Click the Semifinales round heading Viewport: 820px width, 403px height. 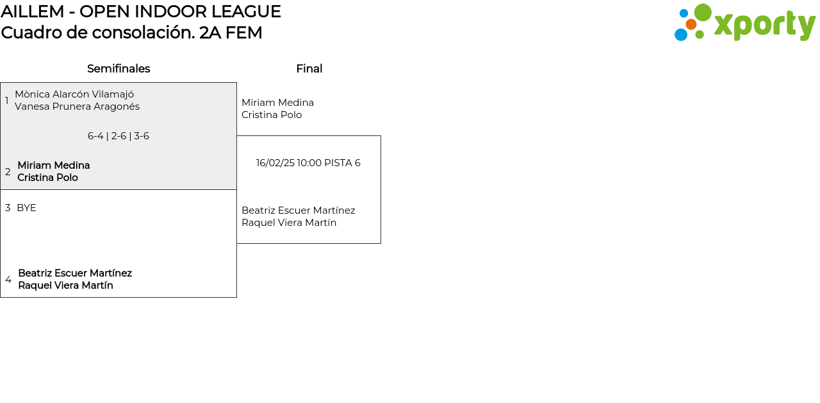click(x=119, y=69)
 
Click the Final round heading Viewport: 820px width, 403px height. click(x=309, y=69)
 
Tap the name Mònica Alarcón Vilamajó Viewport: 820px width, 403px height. click(x=74, y=94)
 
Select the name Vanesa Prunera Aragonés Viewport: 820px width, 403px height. click(x=77, y=107)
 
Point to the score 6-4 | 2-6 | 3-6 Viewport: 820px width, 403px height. click(x=119, y=136)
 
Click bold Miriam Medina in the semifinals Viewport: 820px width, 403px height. click(x=53, y=166)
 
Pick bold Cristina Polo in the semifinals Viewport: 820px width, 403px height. click(x=47, y=178)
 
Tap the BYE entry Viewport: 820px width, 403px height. click(x=26, y=208)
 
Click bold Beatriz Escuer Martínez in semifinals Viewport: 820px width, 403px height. click(x=75, y=273)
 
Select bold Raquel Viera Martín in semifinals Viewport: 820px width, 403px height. click(x=65, y=286)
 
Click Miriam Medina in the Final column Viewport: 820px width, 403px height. click(x=277, y=103)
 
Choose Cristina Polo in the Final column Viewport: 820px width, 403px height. click(x=272, y=115)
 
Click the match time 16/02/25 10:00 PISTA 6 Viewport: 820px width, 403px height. click(x=308, y=163)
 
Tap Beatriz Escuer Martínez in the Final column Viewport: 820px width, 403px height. click(x=298, y=210)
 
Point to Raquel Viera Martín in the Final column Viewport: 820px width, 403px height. click(x=289, y=223)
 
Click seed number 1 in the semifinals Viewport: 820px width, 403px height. click(x=7, y=101)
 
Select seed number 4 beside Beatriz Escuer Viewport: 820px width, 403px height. click(x=8, y=280)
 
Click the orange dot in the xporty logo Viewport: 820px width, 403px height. click(x=691, y=24)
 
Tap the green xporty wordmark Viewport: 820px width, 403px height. click(x=764, y=26)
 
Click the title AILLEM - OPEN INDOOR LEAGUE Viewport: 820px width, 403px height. click(x=141, y=12)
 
